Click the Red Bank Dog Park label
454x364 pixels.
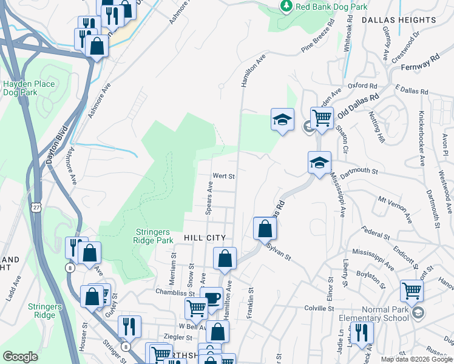point(331,7)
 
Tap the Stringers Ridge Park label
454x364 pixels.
point(155,235)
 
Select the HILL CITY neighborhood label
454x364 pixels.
point(205,238)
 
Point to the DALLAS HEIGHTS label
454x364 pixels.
point(399,20)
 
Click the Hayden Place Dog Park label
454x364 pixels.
point(29,89)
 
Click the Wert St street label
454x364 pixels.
point(223,177)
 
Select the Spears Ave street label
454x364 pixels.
point(209,198)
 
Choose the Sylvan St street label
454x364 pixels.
point(279,253)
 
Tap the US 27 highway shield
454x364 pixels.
point(38,207)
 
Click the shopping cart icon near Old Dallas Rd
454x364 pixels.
point(321,117)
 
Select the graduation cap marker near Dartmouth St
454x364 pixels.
point(319,163)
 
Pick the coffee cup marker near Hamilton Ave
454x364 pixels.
point(212,297)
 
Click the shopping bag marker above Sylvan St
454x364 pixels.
point(265,229)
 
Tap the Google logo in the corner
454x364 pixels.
point(20,357)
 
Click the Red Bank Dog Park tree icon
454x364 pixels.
point(286,6)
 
